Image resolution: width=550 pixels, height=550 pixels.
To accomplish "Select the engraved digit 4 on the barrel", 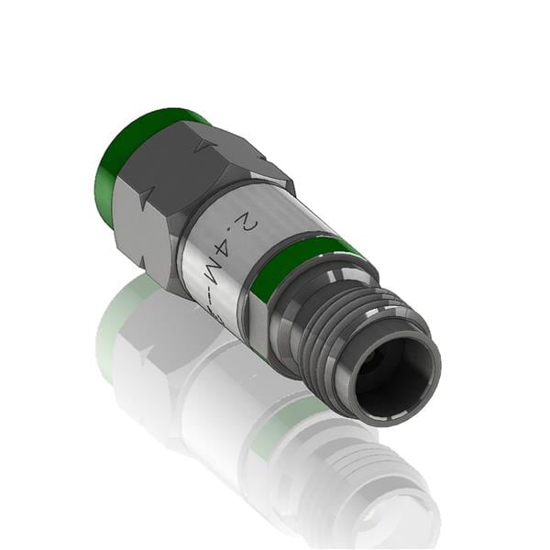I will pyautogui.click(x=227, y=248).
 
